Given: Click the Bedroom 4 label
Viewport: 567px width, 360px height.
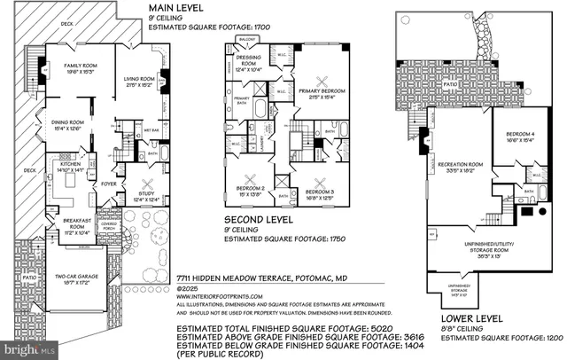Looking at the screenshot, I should click(519, 134).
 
